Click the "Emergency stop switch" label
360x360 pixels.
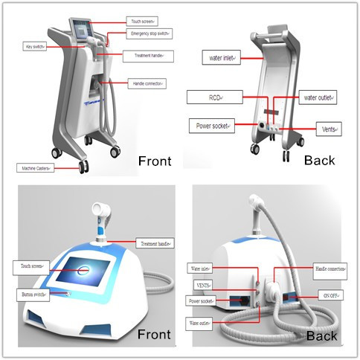coord(151,33)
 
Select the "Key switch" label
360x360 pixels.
coord(35,46)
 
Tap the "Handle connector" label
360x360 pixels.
coord(147,83)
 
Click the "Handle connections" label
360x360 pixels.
coord(329,269)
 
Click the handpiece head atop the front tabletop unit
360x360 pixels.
coord(99,211)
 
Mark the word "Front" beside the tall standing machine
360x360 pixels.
coord(155,161)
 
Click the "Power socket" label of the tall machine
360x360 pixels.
coord(209,125)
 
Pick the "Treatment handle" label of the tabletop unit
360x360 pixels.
coord(156,243)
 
